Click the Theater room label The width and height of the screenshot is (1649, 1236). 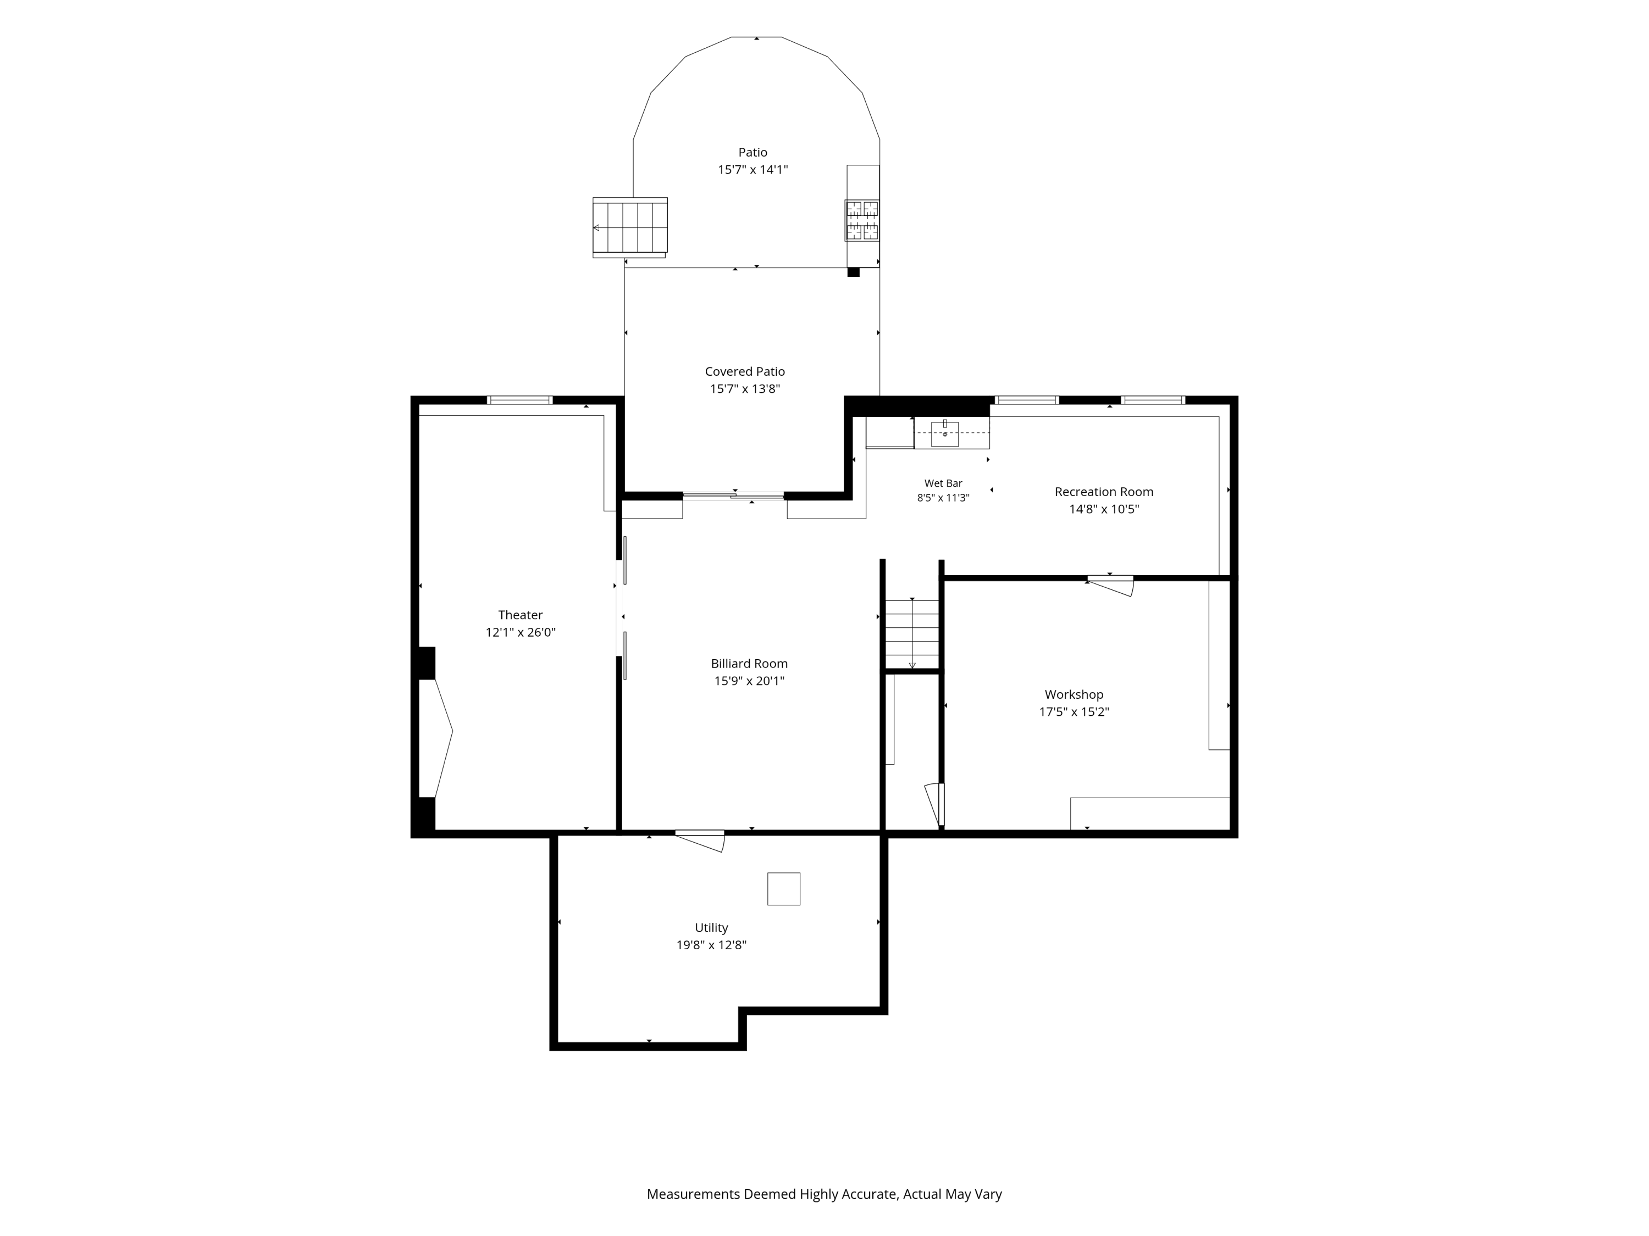point(521,615)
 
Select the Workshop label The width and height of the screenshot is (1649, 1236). point(1073,694)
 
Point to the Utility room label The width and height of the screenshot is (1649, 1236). point(711,928)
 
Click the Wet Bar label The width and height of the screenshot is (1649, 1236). point(943,483)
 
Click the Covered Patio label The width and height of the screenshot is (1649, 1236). point(745,371)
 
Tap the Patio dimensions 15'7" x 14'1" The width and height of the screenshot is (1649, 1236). point(753,170)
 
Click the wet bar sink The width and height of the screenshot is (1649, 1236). point(944,433)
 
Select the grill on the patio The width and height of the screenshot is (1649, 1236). point(862,220)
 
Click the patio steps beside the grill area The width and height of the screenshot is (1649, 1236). point(630,227)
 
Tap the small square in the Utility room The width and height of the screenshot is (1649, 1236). point(783,889)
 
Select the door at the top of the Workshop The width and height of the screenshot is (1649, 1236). point(1110,585)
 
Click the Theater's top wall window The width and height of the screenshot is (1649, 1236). point(519,400)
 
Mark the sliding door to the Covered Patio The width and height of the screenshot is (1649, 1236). point(734,495)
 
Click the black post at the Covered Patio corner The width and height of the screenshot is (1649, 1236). point(854,272)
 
